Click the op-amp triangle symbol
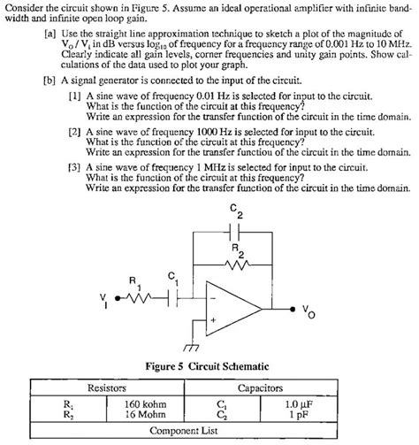[233, 309]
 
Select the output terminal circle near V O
[293, 309]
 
